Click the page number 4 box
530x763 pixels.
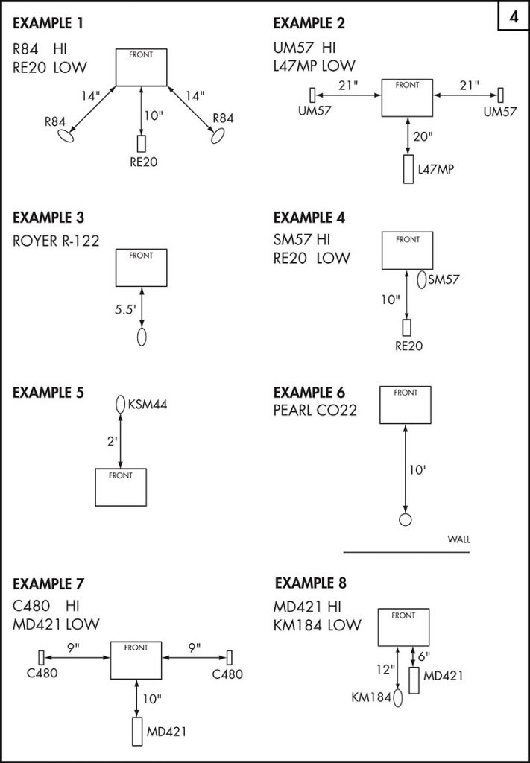click(514, 16)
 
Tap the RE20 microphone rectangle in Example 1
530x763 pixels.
click(142, 144)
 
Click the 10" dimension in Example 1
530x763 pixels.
click(154, 115)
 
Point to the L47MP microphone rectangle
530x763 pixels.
click(408, 169)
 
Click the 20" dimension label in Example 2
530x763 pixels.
click(423, 136)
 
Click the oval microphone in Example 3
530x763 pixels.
click(142, 336)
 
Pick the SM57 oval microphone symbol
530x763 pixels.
click(422, 280)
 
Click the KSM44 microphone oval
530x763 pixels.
click(119, 405)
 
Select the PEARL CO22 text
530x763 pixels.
click(315, 410)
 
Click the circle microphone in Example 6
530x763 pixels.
click(406, 520)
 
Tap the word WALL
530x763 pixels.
click(458, 539)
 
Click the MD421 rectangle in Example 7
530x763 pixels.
click(137, 731)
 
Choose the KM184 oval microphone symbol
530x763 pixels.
click(398, 697)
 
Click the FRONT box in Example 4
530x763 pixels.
click(407, 250)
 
